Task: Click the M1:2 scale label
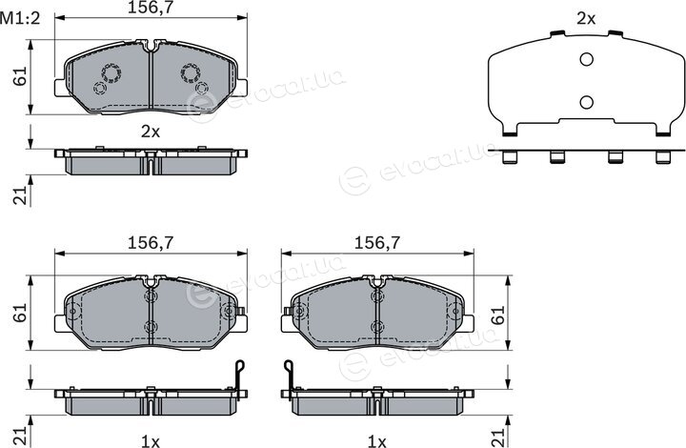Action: point(20,18)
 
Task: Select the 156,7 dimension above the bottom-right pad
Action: point(377,243)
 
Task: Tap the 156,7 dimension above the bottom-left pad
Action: point(151,243)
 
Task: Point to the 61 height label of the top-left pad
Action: point(20,76)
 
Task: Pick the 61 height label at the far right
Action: point(498,315)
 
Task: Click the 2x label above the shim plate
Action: point(586,18)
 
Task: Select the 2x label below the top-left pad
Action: point(151,132)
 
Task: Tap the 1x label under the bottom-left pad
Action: point(151,441)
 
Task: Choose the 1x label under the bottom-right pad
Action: point(377,441)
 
